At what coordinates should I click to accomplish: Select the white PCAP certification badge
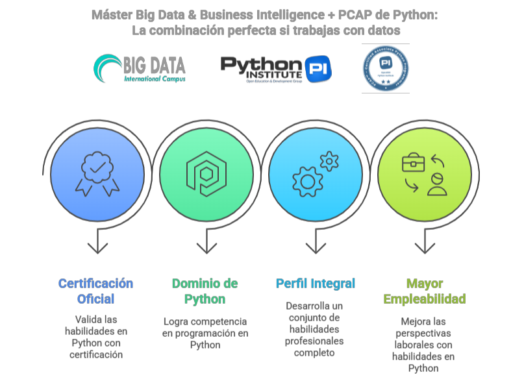[x=385, y=69]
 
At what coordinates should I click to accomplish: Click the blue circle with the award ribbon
[x=97, y=174]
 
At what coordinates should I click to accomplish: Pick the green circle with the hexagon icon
[x=206, y=174]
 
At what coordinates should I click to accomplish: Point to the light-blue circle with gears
[x=316, y=174]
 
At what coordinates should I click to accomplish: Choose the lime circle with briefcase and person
[x=425, y=174]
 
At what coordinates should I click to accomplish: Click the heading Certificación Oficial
[x=96, y=291]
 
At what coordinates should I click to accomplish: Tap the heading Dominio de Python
[x=205, y=291]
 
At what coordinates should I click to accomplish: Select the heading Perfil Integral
[x=316, y=283]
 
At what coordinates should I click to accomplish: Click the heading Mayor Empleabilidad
[x=425, y=291]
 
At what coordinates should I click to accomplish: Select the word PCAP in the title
[x=356, y=14]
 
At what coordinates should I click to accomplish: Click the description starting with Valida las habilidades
[x=96, y=337]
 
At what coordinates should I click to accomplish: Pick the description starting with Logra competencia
[x=205, y=333]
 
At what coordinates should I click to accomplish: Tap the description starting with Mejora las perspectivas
[x=423, y=345]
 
